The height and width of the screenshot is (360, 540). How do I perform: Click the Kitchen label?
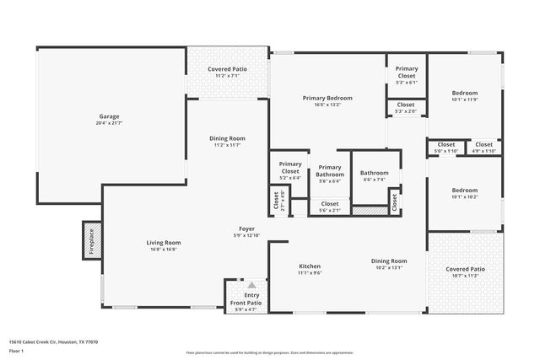(309, 266)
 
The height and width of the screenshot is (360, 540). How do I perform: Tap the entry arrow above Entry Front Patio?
(251, 286)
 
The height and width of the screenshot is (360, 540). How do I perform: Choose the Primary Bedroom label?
(327, 98)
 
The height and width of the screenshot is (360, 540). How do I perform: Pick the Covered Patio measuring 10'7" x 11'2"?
(465, 269)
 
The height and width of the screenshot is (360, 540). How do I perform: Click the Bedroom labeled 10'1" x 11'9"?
(465, 93)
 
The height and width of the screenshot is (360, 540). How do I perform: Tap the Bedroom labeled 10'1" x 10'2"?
(465, 191)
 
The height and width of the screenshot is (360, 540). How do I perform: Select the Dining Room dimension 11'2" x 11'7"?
(227, 145)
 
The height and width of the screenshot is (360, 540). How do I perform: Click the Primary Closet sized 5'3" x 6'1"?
(407, 72)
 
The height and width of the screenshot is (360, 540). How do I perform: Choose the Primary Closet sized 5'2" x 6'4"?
(290, 167)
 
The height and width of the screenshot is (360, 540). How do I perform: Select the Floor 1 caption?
(16, 350)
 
